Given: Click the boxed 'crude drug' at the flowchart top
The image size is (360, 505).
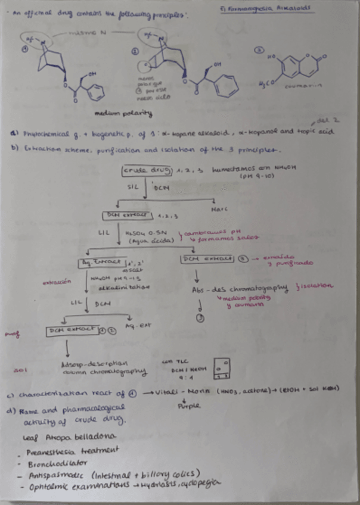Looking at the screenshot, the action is (x=138, y=172).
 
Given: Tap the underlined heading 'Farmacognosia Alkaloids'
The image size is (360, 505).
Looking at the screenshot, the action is (x=268, y=10).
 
